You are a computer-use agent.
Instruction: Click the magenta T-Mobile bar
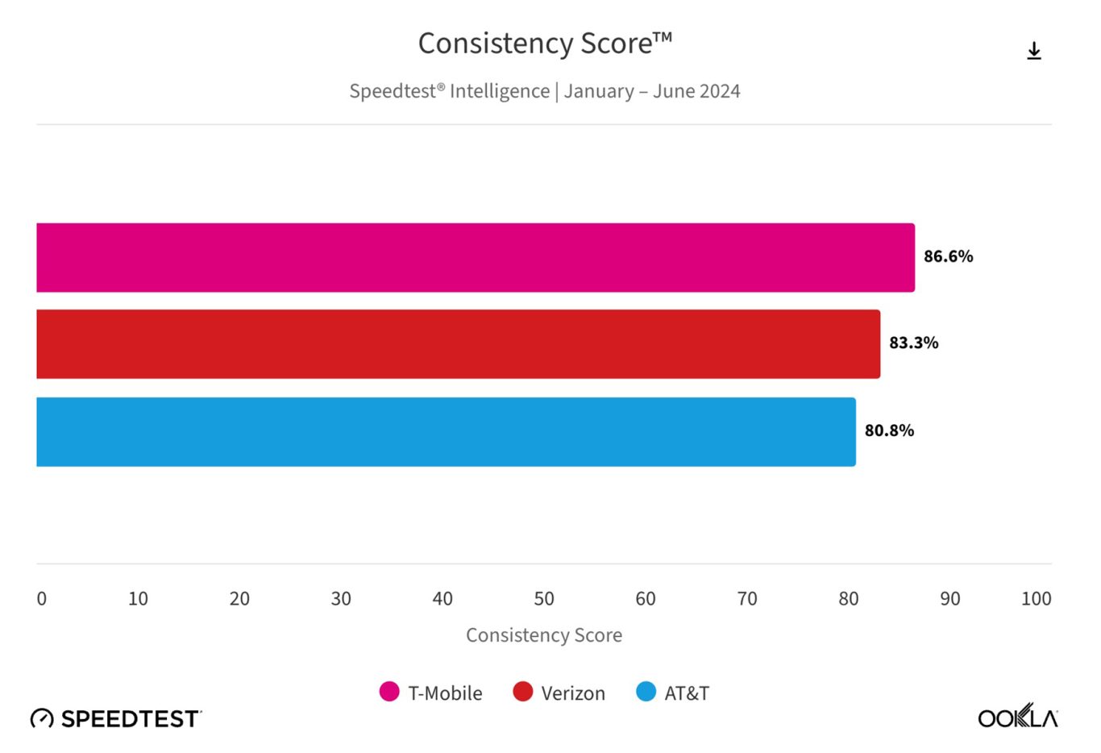point(476,257)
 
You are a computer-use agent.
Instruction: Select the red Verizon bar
point(458,344)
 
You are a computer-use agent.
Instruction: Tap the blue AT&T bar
point(446,431)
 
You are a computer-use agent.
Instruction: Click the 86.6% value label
point(948,256)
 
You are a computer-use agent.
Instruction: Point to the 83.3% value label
point(913,343)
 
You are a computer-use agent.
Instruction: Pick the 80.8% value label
point(889,431)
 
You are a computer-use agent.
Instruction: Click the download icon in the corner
point(1034,51)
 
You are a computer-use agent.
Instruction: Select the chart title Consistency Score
point(545,44)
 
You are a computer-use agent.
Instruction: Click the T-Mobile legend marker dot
point(389,692)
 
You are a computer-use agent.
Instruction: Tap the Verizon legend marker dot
point(523,692)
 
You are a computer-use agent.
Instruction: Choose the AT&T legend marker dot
point(646,692)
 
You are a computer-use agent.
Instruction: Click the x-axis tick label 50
point(544,599)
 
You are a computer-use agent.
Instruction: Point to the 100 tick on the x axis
point(1036,599)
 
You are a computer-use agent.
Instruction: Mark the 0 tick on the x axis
point(42,599)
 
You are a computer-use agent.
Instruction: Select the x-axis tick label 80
point(849,599)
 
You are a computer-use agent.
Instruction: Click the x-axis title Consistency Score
point(544,635)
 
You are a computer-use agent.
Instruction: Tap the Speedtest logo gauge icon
point(42,718)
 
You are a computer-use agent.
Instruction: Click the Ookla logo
point(1017,717)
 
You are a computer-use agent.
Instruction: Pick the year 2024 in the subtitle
point(719,91)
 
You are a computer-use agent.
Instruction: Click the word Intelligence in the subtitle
point(500,91)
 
